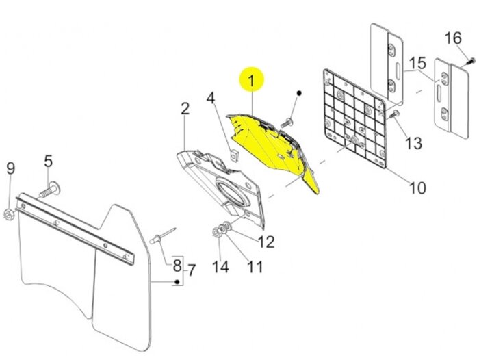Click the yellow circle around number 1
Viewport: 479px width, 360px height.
click(250, 81)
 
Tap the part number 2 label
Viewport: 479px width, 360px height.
click(185, 109)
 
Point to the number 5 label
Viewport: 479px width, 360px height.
click(49, 162)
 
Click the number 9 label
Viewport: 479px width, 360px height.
click(10, 168)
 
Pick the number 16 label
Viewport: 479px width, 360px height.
click(452, 37)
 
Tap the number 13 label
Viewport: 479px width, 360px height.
click(414, 144)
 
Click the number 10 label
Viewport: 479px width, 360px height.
click(417, 187)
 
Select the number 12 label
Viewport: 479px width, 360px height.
click(266, 241)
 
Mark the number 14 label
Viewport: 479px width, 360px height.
click(220, 267)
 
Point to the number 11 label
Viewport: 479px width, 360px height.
click(255, 266)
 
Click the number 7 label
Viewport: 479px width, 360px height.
click(192, 270)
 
